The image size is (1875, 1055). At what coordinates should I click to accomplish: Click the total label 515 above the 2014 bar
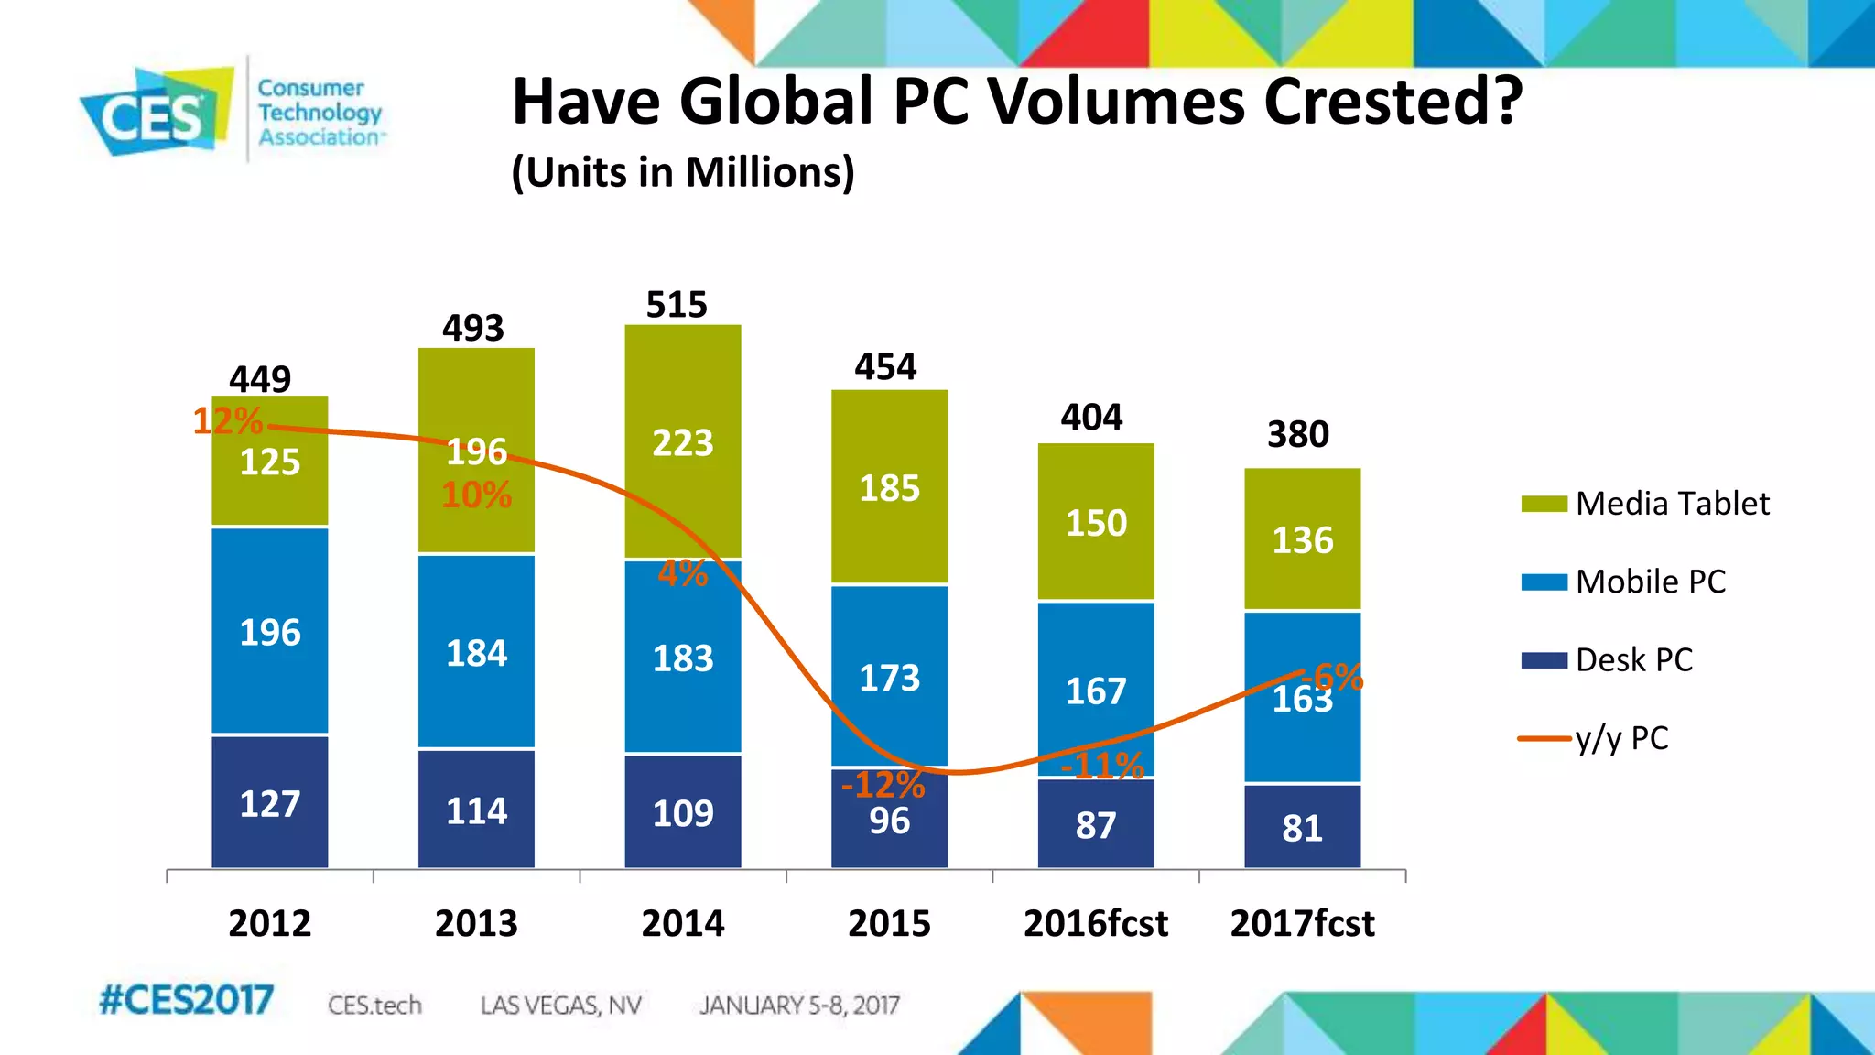677,305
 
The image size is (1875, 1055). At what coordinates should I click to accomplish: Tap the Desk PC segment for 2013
476,810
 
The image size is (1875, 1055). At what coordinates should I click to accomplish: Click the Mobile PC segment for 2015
889,676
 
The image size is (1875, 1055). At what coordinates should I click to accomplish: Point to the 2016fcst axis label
1096,923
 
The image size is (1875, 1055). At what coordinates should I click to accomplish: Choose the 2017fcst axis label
1302,923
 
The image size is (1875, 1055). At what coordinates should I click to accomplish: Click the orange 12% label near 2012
227,421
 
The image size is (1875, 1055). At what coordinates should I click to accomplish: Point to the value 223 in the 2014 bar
683,443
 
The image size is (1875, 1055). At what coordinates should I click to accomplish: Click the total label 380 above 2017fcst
1298,434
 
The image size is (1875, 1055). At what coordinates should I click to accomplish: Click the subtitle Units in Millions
683,172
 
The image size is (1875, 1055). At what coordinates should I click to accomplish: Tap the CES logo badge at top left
154,113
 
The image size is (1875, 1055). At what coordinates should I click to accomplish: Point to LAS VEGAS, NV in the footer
560,1006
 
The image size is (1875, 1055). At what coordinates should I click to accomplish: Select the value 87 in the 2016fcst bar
1096,825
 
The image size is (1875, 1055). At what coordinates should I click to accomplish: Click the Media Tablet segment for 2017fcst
1302,540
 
